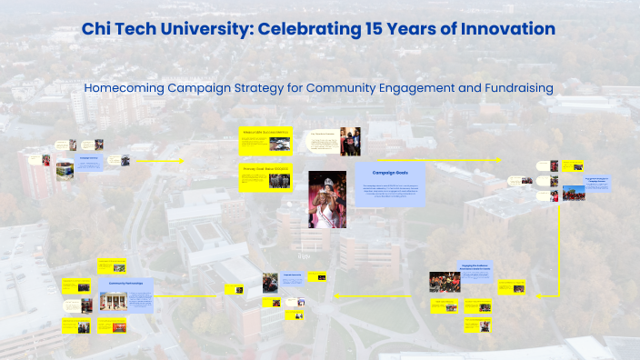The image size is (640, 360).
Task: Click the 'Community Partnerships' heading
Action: pos(125,283)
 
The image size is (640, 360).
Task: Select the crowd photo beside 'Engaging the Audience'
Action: pos(445,282)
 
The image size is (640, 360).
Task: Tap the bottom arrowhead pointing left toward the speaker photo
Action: pos(335,295)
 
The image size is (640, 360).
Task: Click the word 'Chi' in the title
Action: pos(98,29)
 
